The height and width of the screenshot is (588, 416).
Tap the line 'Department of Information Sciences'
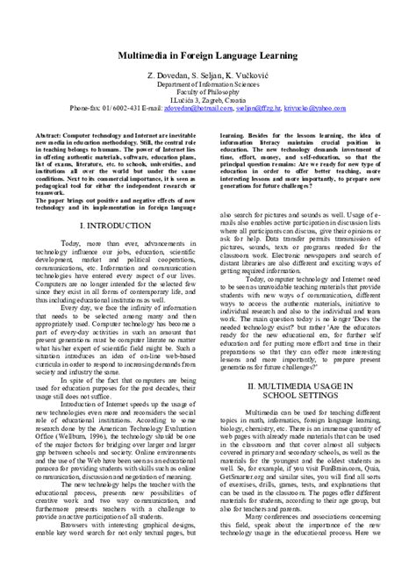pyautogui.click(x=208, y=64)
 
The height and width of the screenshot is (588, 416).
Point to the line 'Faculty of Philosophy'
pyautogui.click(x=208, y=74)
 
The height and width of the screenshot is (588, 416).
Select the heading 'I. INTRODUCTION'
pyautogui.click(x=119, y=226)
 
